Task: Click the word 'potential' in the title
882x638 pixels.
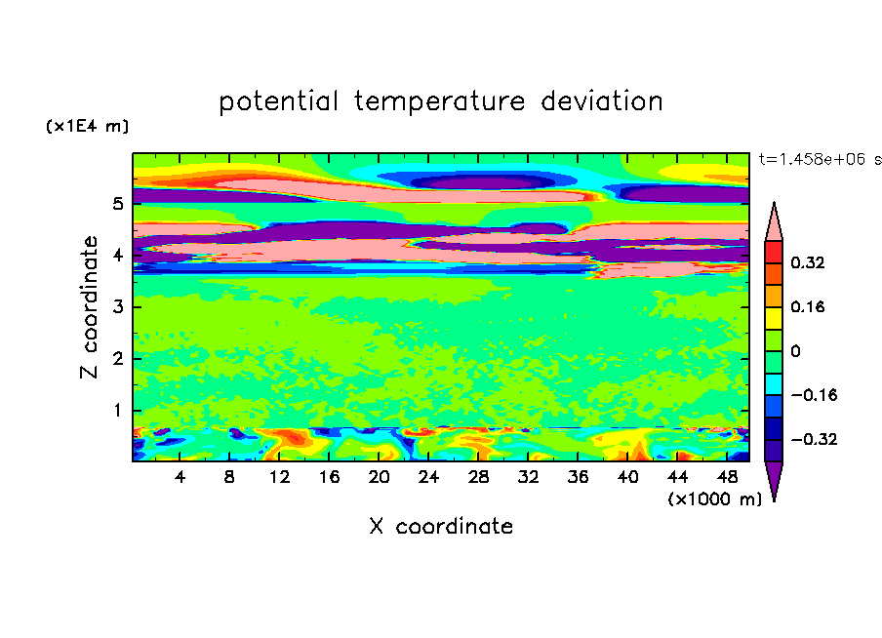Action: (278, 101)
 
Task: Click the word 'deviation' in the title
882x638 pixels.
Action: (602, 101)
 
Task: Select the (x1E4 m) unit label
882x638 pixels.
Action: (87, 126)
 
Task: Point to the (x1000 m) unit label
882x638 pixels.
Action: (714, 499)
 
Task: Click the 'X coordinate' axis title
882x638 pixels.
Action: (442, 527)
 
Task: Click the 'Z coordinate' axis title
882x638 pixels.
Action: (90, 306)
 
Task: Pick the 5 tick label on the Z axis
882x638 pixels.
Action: (117, 203)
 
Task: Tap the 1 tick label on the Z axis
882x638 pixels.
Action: (117, 410)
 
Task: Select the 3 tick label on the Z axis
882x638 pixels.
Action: (117, 306)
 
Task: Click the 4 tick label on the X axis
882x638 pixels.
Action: (180, 477)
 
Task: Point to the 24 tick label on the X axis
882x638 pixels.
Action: (428, 477)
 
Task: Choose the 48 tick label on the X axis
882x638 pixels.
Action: (727, 477)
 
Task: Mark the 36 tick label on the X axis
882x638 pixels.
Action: (578, 477)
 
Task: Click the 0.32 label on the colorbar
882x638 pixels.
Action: (808, 262)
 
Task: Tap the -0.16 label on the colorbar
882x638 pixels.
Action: (814, 395)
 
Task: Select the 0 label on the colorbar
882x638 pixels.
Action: (795, 351)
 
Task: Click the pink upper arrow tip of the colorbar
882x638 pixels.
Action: (774, 203)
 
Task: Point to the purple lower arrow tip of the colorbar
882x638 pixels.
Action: (774, 499)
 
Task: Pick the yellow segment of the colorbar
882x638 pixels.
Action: (774, 318)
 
